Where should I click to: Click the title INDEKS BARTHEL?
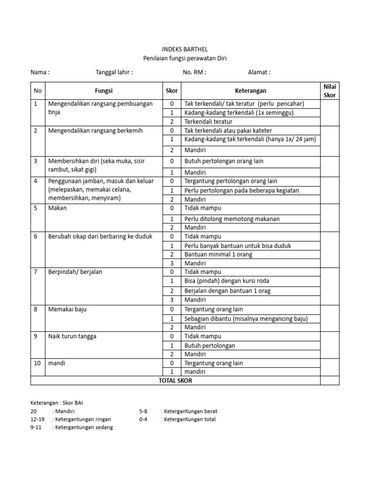[185, 49]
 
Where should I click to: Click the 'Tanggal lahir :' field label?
[114, 72]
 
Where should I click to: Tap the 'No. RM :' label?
[195, 72]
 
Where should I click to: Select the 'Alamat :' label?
[259, 72]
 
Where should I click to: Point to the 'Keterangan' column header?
[251, 91]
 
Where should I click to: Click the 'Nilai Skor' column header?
[330, 91]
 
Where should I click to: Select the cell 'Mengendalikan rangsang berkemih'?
[95, 131]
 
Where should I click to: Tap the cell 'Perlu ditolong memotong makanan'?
[232, 219]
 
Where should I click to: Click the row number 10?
[37, 363]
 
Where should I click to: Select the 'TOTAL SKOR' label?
[175, 381]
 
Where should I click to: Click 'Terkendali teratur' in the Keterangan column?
[209, 122]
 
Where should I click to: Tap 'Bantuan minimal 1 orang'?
[218, 254]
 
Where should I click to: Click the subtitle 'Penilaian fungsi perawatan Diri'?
[185, 58]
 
